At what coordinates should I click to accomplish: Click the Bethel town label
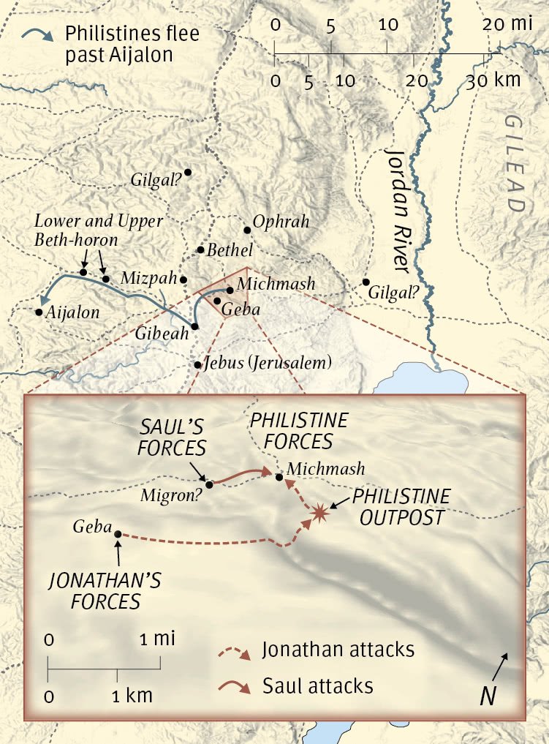(230, 250)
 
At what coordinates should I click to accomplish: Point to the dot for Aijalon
(39, 312)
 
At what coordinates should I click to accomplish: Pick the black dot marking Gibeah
(195, 326)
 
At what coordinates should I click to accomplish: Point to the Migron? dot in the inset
(210, 484)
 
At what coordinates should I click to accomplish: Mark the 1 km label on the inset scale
(132, 695)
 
